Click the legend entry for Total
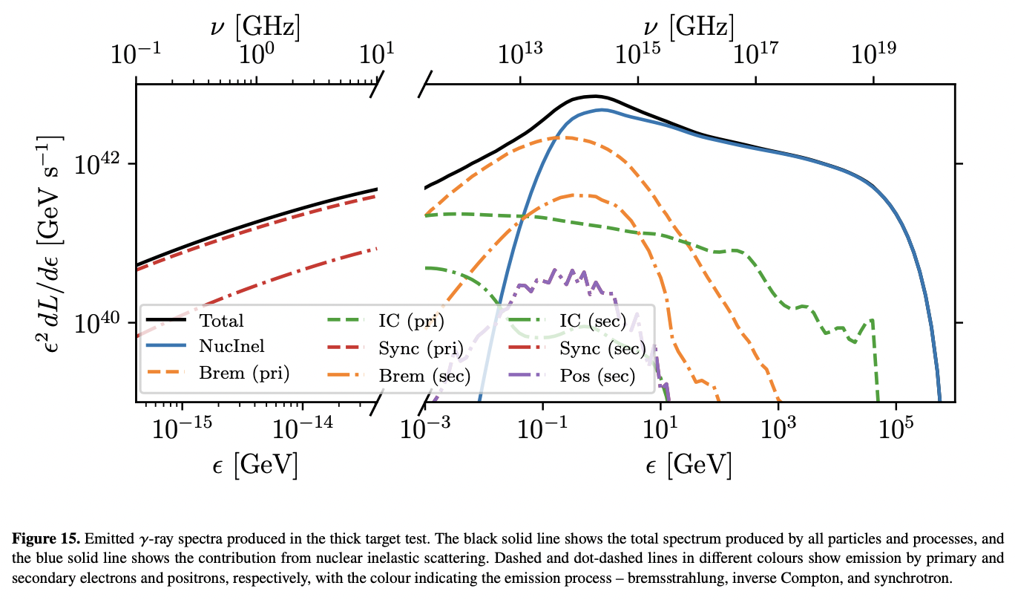click(x=221, y=322)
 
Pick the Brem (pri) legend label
click(x=243, y=373)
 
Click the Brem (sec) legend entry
click(x=425, y=376)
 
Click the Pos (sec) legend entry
click(x=598, y=376)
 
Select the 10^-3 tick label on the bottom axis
click(x=425, y=430)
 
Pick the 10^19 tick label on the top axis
click(x=874, y=54)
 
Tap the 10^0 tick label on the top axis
click(x=257, y=54)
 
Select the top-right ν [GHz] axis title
click(x=689, y=27)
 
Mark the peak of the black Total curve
click(x=594, y=96)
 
